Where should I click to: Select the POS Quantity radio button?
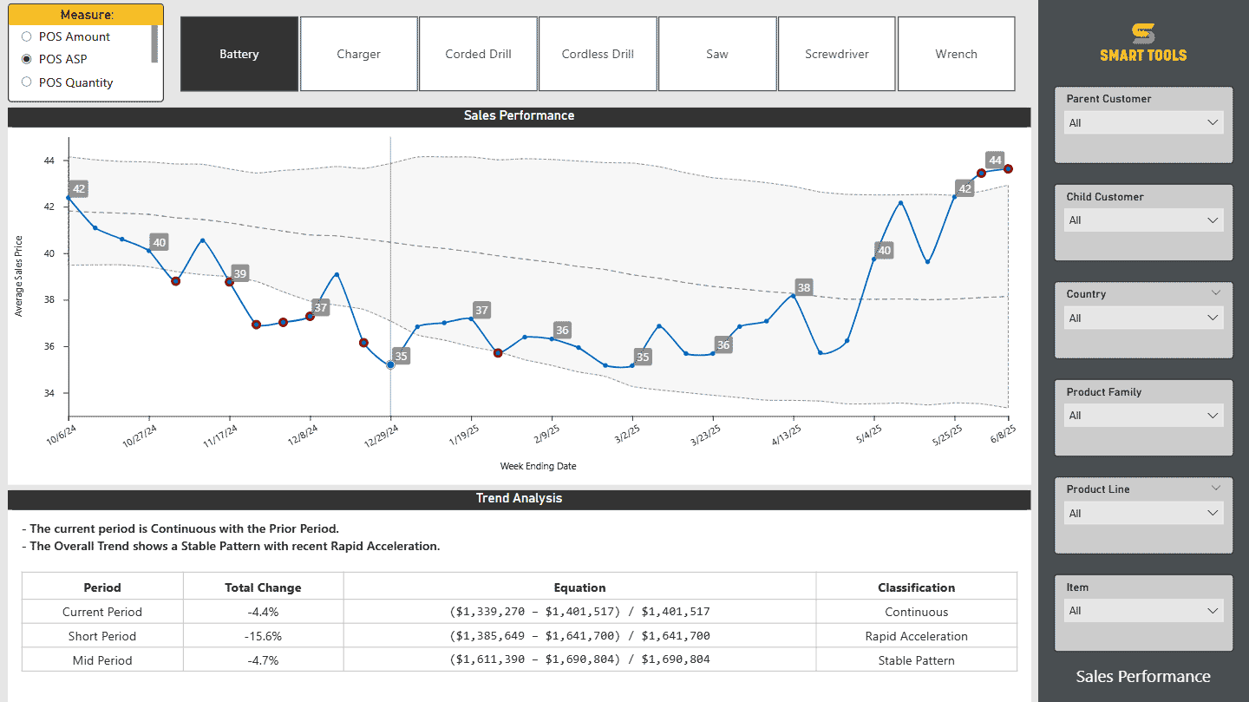27,82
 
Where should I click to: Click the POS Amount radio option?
27,36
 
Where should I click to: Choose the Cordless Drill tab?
598,54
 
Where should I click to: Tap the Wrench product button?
956,54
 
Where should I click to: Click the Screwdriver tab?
836,54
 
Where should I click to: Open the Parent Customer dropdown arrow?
1213,123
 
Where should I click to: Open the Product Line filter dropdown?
1143,514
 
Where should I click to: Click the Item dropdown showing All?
1143,611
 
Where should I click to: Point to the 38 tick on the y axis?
48,300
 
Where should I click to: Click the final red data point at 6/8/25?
1008,169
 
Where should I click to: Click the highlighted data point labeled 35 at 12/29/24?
390,365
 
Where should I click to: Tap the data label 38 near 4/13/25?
804,288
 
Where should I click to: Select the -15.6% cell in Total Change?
263,636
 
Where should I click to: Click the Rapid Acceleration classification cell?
916,636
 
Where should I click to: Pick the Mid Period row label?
102,660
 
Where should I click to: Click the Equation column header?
579,587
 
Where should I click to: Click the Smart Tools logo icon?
1143,34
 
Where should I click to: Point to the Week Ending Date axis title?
538,466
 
